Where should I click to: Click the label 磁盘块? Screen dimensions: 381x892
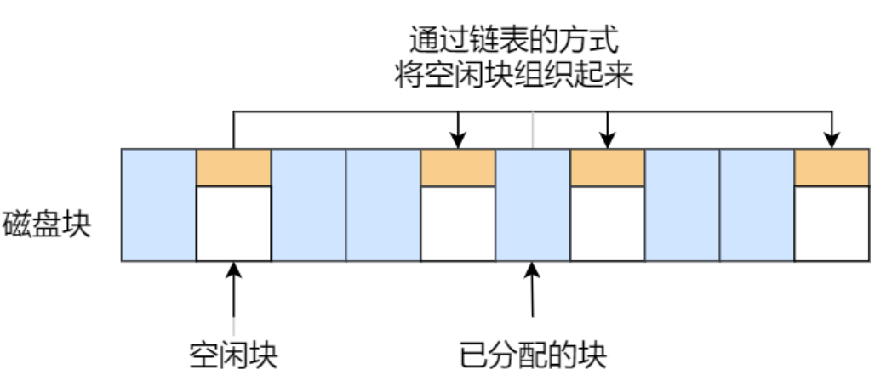(x=46, y=226)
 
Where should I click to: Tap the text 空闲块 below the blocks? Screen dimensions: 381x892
(x=233, y=351)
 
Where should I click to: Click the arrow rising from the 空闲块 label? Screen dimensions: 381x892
(x=233, y=298)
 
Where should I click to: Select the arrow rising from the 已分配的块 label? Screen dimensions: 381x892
(x=533, y=298)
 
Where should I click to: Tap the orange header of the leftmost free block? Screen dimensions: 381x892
(x=233, y=168)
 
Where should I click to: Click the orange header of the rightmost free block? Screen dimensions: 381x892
(x=832, y=168)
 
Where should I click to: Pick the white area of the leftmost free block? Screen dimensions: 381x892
(x=233, y=224)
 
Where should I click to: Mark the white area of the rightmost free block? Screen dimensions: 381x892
(x=832, y=224)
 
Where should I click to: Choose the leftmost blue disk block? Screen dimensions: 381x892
(x=158, y=205)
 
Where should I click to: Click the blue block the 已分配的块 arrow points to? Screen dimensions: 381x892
(x=533, y=205)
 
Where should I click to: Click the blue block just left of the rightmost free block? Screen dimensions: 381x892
(x=757, y=205)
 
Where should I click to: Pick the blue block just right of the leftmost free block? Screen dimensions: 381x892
(x=308, y=205)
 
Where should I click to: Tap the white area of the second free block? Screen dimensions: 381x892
(x=458, y=224)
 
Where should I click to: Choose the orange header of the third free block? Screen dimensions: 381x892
(x=607, y=168)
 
